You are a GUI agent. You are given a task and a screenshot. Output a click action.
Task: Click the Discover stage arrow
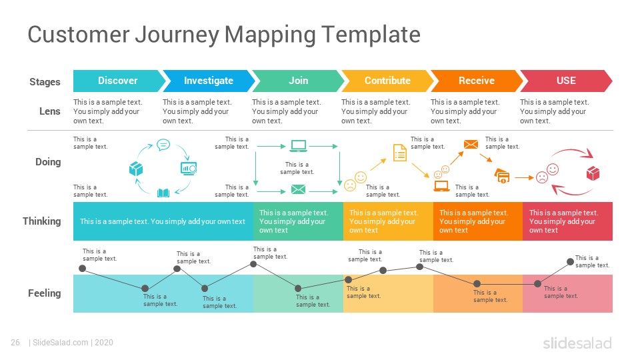tap(119, 81)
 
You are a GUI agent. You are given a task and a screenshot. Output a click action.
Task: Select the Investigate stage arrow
tap(208, 81)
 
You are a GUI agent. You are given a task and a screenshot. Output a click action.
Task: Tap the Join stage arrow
tap(298, 81)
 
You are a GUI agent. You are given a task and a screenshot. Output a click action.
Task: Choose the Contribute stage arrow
tap(387, 81)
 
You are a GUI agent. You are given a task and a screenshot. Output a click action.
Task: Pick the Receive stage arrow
tap(477, 81)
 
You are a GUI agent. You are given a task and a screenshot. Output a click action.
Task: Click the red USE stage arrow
tap(566, 81)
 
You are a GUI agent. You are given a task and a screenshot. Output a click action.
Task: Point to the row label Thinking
tap(41, 221)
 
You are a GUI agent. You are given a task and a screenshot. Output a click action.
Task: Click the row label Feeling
tap(45, 293)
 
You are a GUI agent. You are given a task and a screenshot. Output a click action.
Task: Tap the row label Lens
tap(50, 111)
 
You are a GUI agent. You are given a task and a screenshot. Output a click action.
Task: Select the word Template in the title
tap(371, 34)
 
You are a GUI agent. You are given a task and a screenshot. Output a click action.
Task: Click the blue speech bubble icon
tap(163, 145)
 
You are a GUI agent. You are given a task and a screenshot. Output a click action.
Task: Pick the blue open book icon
tap(163, 193)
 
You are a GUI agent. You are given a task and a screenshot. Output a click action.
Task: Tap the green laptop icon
tap(299, 146)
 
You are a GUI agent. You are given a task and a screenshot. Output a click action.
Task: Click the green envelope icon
tap(299, 189)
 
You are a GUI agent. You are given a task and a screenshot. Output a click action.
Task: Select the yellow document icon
tap(400, 153)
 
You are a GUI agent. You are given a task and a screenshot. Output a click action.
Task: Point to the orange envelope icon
tap(471, 144)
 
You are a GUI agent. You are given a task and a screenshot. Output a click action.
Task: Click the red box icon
tap(593, 173)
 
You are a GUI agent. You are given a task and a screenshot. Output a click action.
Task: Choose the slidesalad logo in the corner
tap(577, 343)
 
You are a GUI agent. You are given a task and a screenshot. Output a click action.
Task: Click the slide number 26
tap(15, 343)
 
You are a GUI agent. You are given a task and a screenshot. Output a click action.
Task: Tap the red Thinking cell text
tap(564, 221)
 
